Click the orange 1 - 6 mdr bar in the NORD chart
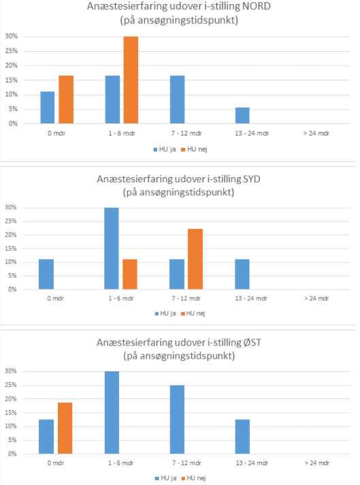(x=131, y=80)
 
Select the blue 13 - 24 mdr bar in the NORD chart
(x=242, y=116)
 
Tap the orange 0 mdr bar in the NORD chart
(x=66, y=99)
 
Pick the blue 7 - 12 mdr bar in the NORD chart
(x=178, y=99)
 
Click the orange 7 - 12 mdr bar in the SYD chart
(x=195, y=260)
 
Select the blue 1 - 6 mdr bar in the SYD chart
(x=112, y=249)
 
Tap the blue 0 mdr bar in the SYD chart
(x=46, y=275)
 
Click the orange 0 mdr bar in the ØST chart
(x=65, y=428)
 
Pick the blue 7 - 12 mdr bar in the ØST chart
(x=177, y=420)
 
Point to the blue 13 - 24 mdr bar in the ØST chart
(x=242, y=437)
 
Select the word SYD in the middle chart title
(x=252, y=178)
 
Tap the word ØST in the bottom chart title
(x=252, y=343)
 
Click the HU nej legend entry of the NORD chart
(x=194, y=149)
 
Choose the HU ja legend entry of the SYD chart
(x=165, y=313)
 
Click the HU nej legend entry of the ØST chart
(x=193, y=478)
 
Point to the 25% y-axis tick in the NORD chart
(x=12, y=50)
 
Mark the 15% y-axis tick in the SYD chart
(x=11, y=249)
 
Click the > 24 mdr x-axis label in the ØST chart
(x=316, y=463)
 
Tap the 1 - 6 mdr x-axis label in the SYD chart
(x=121, y=298)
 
